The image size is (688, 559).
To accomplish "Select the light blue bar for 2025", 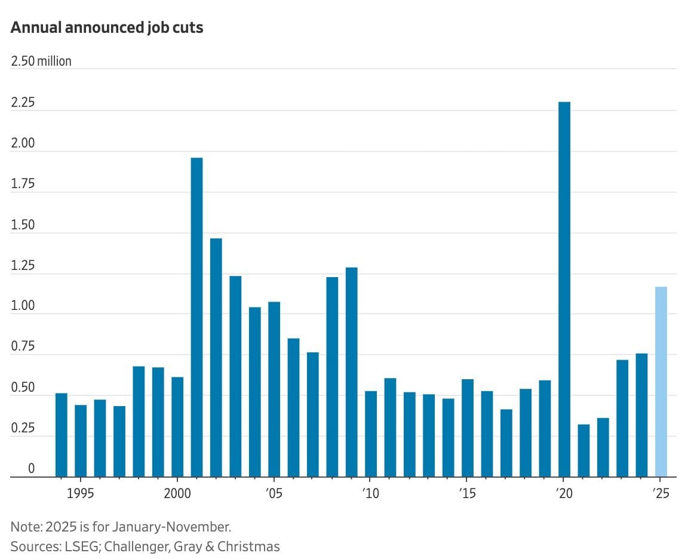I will pyautogui.click(x=661, y=382).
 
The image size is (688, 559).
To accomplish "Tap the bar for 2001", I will pyautogui.click(x=196, y=317).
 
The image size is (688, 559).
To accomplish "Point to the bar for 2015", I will pyautogui.click(x=468, y=428).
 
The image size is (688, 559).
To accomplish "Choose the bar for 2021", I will pyautogui.click(x=583, y=450).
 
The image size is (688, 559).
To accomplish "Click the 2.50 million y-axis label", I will pyautogui.click(x=41, y=61).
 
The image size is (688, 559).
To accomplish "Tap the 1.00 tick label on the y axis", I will pyautogui.click(x=23, y=306).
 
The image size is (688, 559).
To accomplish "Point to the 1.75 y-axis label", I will pyautogui.click(x=23, y=184).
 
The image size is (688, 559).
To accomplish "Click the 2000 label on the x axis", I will pyautogui.click(x=177, y=494).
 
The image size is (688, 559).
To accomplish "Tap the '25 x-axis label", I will pyautogui.click(x=660, y=494).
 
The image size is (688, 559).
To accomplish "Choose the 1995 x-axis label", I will pyautogui.click(x=81, y=494).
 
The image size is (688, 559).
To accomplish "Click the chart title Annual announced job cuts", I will pyautogui.click(x=107, y=27).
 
